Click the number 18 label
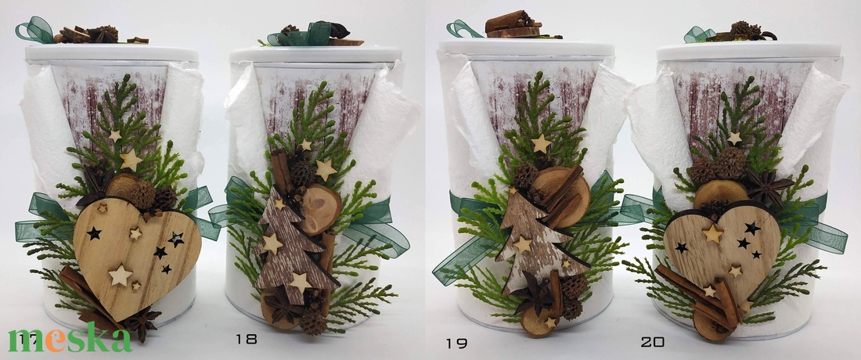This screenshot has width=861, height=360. click(246, 339)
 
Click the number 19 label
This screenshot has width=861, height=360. click(456, 344)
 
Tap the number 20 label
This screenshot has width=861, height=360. click(652, 342)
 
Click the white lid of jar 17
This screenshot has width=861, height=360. click(112, 53)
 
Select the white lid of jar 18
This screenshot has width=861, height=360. click(315, 54)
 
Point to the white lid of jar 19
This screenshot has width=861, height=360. click(527, 47)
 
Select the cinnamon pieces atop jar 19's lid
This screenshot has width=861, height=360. click(513, 25)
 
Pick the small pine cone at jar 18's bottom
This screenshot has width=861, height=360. click(313, 322)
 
